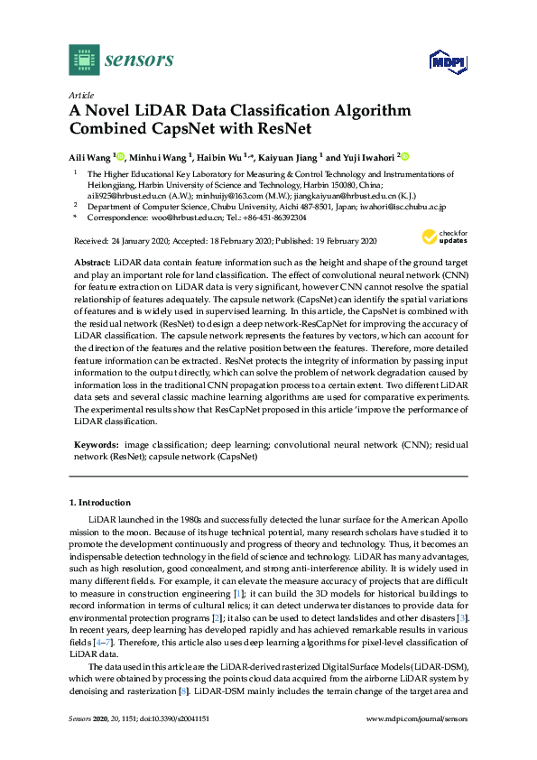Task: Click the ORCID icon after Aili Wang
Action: tap(120, 155)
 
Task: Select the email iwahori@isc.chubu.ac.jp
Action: tap(385, 206)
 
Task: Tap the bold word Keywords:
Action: tap(95, 445)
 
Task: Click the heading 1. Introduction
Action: tap(100, 502)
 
